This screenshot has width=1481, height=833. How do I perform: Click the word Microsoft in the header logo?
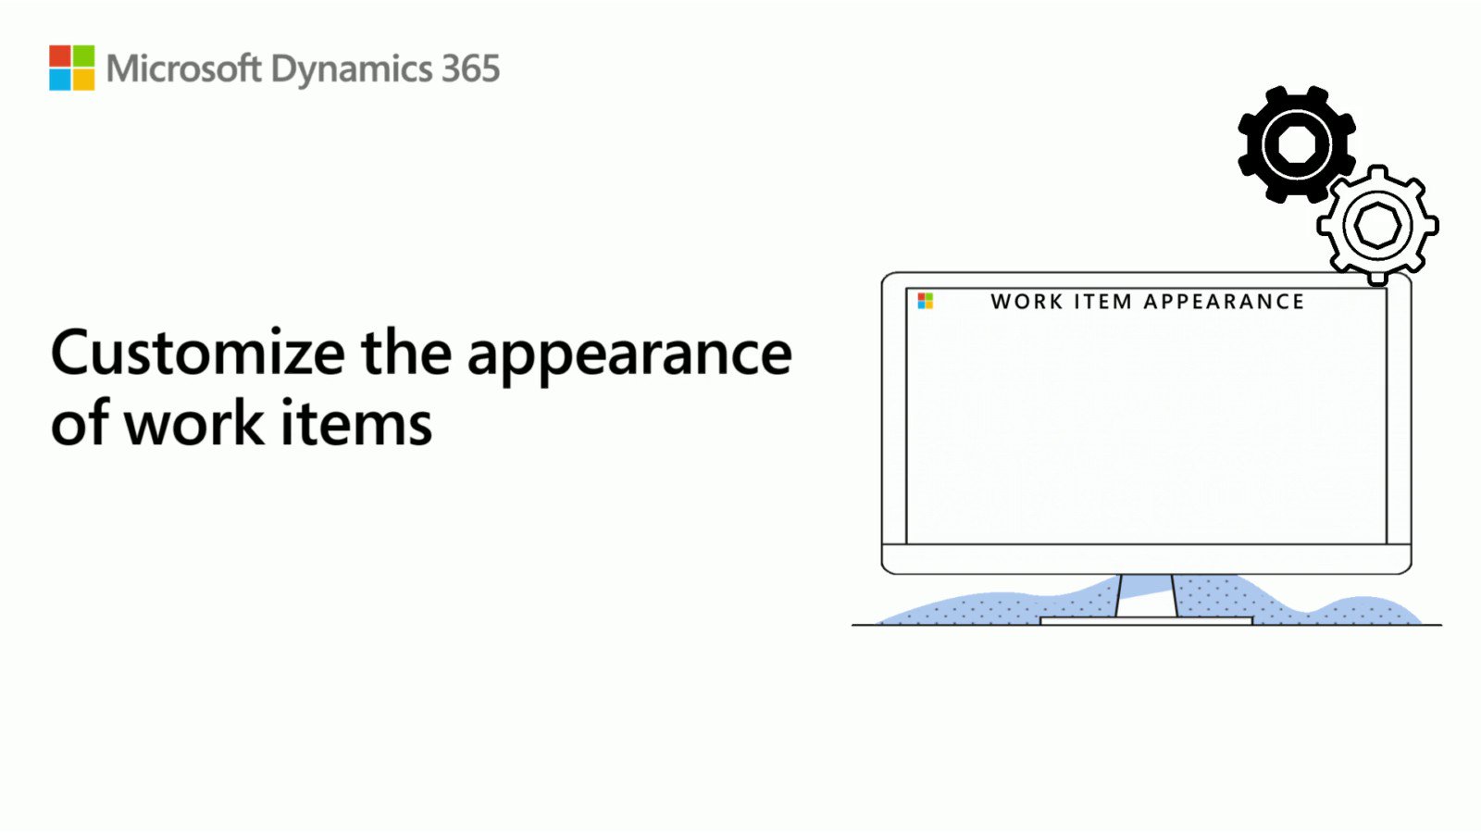[183, 69]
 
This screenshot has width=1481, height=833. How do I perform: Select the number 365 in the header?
[470, 69]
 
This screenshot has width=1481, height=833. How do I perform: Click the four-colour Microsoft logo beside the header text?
[72, 68]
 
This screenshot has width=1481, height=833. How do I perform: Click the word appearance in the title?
[629, 356]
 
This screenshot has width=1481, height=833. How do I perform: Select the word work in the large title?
[194, 424]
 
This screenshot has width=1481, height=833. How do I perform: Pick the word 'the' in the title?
[406, 354]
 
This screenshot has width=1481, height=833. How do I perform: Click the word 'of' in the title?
[81, 424]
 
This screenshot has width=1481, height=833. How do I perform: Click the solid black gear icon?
[1296, 144]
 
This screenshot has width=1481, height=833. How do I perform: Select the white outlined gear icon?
[1377, 225]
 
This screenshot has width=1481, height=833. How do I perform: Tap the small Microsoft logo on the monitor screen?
[926, 301]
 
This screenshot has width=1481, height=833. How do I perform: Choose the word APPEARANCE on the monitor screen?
[1224, 302]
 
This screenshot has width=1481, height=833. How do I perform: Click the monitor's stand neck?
[1147, 595]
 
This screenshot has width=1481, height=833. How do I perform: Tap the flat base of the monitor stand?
[1146, 621]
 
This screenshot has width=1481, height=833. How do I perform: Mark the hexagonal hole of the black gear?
[1296, 144]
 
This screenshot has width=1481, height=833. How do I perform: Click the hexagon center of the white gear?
[1377, 225]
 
